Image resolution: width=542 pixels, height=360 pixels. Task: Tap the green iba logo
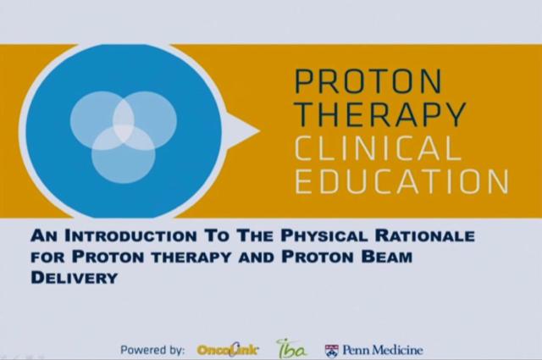pos(292,348)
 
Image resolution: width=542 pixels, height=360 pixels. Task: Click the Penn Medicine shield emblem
pos(332,349)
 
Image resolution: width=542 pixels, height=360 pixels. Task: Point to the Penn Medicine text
pos(381,349)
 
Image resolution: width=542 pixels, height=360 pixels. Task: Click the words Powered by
pos(153,349)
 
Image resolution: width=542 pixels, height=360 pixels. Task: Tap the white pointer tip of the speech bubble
pos(252,129)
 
